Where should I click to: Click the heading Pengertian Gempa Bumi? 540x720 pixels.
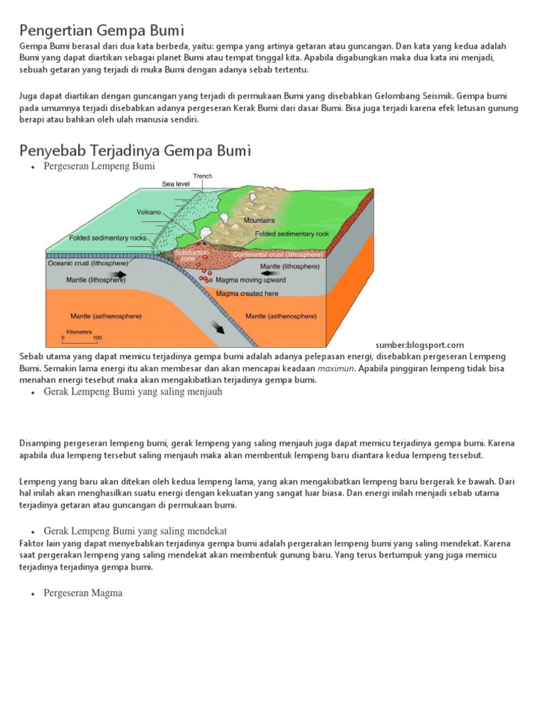point(101,30)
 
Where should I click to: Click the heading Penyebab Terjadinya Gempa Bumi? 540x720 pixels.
point(135,150)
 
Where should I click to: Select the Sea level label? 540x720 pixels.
point(176,184)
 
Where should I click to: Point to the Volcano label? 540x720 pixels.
point(149,212)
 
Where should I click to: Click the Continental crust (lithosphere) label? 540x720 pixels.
point(277,255)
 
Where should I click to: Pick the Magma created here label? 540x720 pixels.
point(247,293)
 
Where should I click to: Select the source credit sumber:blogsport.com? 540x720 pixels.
point(420,345)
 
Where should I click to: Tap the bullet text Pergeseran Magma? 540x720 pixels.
point(83,593)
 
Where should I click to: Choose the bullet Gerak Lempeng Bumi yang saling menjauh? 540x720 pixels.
point(133,392)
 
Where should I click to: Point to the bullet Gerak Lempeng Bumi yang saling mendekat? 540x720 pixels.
point(135,530)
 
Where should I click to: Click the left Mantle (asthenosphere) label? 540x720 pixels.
point(106,316)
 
